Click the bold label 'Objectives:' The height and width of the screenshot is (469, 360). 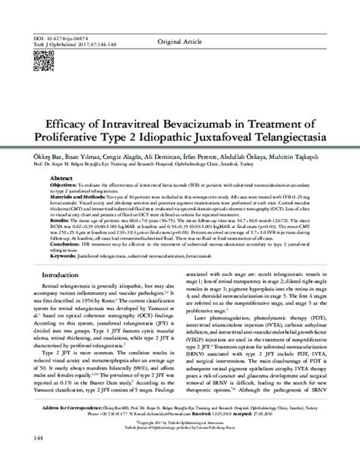65,184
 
